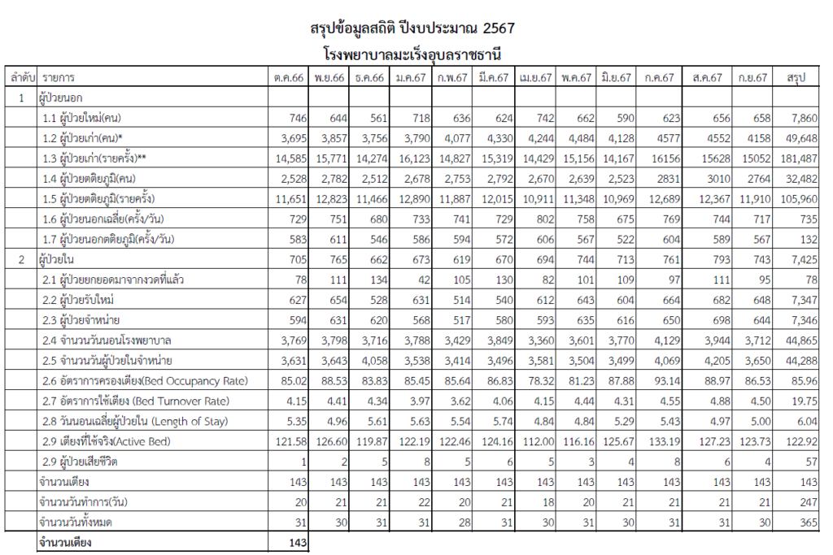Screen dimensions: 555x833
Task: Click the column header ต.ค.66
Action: pos(289,78)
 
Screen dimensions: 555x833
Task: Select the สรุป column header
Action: pos(796,78)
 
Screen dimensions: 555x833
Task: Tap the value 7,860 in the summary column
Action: pos(801,119)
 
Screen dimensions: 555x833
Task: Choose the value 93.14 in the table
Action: pos(659,381)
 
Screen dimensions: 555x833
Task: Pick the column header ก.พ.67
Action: pos(451,78)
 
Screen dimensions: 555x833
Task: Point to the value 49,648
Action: pos(800,139)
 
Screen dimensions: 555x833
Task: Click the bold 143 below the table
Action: pos(296,542)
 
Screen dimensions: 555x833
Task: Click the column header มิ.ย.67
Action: pos(616,78)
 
